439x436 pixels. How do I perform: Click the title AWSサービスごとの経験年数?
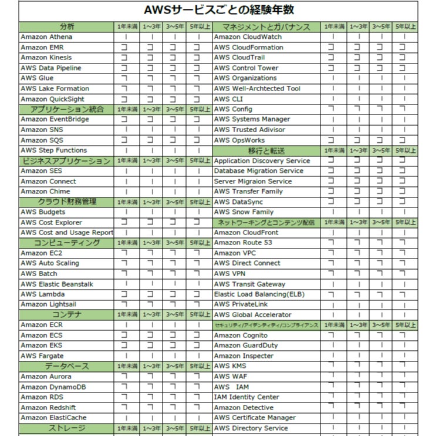pos(219,10)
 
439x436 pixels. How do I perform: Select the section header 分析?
pos(67,26)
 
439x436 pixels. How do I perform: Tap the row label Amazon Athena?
pos(46,37)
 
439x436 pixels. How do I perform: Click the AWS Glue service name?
pos(37,78)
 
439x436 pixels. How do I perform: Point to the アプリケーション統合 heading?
pos(67,109)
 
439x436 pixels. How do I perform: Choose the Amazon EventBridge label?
pos(55,119)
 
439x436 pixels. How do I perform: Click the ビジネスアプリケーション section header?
pos(67,160)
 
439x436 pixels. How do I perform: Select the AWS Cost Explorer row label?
pos(51,222)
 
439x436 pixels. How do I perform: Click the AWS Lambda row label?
pos(43,294)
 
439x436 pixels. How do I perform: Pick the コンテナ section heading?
pos(67,315)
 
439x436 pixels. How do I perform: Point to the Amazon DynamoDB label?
pos(53,387)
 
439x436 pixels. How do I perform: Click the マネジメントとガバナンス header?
pos(266,26)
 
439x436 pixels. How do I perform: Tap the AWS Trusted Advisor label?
pos(249,130)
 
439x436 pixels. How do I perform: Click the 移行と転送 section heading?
pos(266,150)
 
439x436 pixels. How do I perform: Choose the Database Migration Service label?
pos(258,171)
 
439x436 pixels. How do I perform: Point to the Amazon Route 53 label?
pos(243,243)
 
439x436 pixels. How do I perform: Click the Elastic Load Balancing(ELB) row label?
pos(259,294)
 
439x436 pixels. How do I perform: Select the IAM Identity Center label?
pos(246,397)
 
